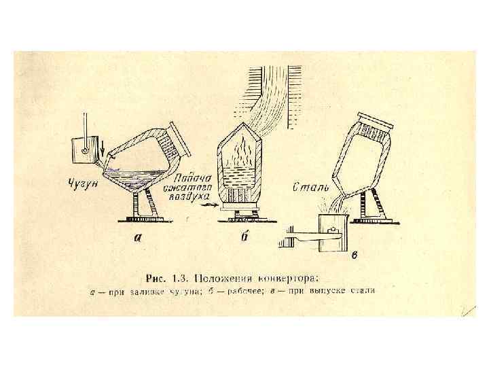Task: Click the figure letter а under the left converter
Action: click(138, 238)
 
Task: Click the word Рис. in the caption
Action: click(158, 277)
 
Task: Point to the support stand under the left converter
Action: click(144, 203)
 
